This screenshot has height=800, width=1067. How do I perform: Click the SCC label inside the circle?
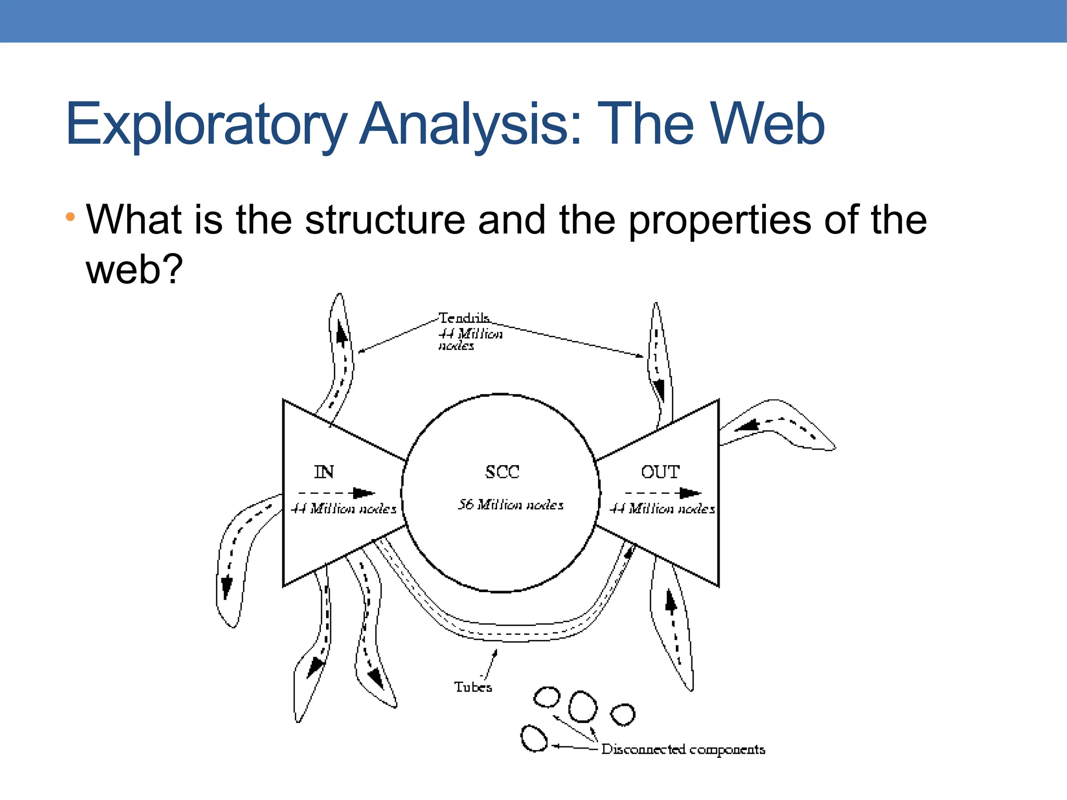[502, 472]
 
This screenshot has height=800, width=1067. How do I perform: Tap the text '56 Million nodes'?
[511, 505]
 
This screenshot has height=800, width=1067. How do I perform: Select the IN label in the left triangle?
[324, 472]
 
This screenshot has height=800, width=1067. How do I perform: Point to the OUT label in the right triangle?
[660, 472]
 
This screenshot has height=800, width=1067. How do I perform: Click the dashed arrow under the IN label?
[336, 493]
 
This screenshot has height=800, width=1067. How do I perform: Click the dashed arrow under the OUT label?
[663, 493]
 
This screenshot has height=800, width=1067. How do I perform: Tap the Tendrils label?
[464, 318]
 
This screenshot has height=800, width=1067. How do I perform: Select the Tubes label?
[473, 687]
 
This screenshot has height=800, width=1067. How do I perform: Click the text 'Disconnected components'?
[683, 749]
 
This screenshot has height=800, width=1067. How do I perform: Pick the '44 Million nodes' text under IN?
[343, 508]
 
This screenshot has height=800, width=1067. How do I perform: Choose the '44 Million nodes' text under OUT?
[662, 508]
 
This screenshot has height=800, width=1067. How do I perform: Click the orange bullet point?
[70, 216]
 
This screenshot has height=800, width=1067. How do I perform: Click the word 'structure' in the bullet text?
[384, 220]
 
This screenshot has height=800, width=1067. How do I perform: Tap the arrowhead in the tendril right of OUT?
[748, 426]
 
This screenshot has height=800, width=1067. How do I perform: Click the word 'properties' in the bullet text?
[719, 220]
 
